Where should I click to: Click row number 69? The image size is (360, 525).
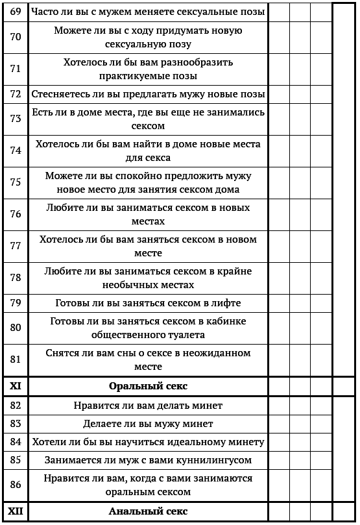16,12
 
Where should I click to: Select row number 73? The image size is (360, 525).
16,119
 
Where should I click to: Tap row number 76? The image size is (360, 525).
16,215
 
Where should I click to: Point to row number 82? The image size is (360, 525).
16,406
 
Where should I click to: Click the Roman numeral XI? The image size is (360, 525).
16,386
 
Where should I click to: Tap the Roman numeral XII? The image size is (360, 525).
16,512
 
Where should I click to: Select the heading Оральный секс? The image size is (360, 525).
149,386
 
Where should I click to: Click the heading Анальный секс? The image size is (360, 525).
149,512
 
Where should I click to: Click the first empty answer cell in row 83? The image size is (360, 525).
278,424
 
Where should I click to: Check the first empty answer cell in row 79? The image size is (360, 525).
278,303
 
